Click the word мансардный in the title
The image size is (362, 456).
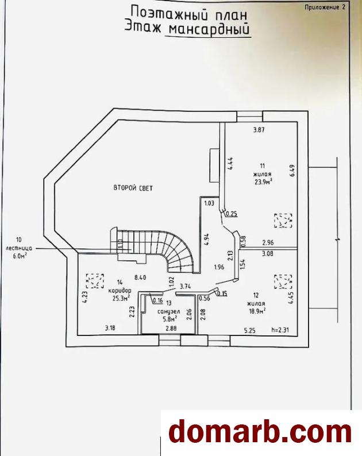coord(209,30)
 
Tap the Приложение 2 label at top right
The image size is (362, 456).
coord(325,7)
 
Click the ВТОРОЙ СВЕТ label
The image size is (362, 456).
coord(133,188)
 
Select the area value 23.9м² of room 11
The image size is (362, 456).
coord(263,181)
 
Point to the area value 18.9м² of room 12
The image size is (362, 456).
coord(256,311)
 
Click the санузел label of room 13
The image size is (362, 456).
coord(169,311)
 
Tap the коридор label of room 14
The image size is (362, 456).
coord(120,291)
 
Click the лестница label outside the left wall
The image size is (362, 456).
coord(20,248)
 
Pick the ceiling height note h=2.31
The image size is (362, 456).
coord(280,330)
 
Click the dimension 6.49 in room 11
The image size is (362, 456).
coord(292,172)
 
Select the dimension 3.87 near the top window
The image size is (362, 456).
coord(259,130)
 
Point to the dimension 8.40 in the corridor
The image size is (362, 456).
coord(140,277)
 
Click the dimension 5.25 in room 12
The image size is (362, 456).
coord(251,330)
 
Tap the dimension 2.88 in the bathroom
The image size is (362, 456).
coord(171,329)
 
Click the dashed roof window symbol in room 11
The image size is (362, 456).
coord(283,221)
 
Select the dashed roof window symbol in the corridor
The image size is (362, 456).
coord(95,281)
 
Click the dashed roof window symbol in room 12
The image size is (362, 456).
coord(283,281)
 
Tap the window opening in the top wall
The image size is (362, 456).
coord(250,117)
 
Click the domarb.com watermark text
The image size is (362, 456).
coord(260,434)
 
